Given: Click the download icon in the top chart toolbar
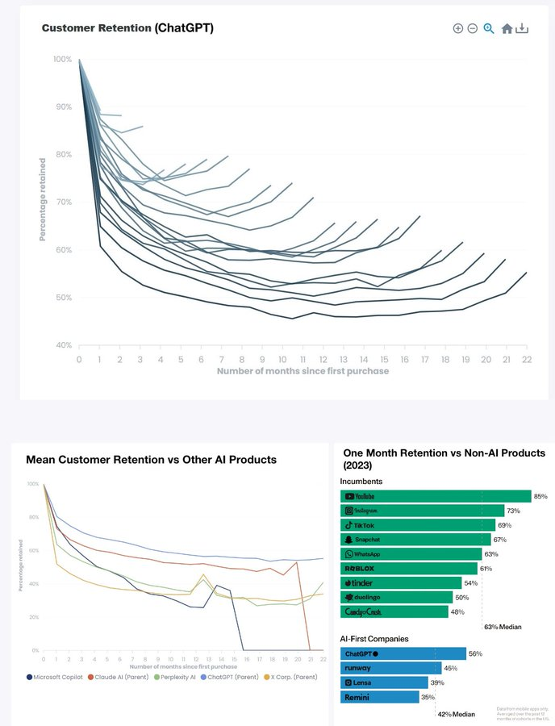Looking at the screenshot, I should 522,28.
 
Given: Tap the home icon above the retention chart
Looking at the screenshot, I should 507,28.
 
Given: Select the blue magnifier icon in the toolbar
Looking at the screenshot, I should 489,28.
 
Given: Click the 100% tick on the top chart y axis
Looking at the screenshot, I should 62,59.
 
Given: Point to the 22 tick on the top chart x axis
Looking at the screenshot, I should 526,359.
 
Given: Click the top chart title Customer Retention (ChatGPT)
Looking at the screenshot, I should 127,27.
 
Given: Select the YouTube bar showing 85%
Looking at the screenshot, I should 436,496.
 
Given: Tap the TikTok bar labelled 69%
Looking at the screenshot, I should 418,525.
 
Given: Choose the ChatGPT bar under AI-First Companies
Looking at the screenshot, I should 403,653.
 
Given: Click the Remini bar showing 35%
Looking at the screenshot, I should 379,696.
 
